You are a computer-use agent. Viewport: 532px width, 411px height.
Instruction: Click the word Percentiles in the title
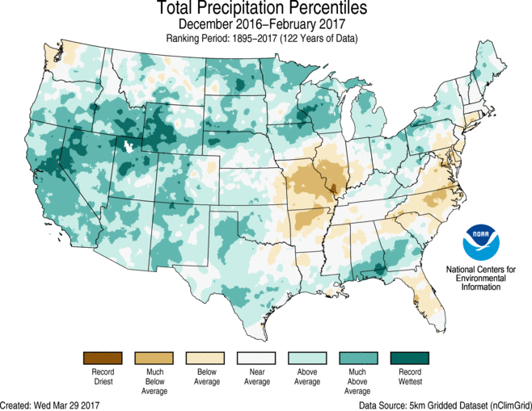coord(314,9)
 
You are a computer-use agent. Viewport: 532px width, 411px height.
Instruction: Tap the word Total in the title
coord(177,9)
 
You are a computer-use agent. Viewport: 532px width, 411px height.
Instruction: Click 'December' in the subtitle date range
coord(213,24)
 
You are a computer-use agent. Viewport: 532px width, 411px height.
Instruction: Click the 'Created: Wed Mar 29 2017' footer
coord(57,404)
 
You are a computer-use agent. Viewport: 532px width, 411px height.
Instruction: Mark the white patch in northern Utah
coord(127,146)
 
